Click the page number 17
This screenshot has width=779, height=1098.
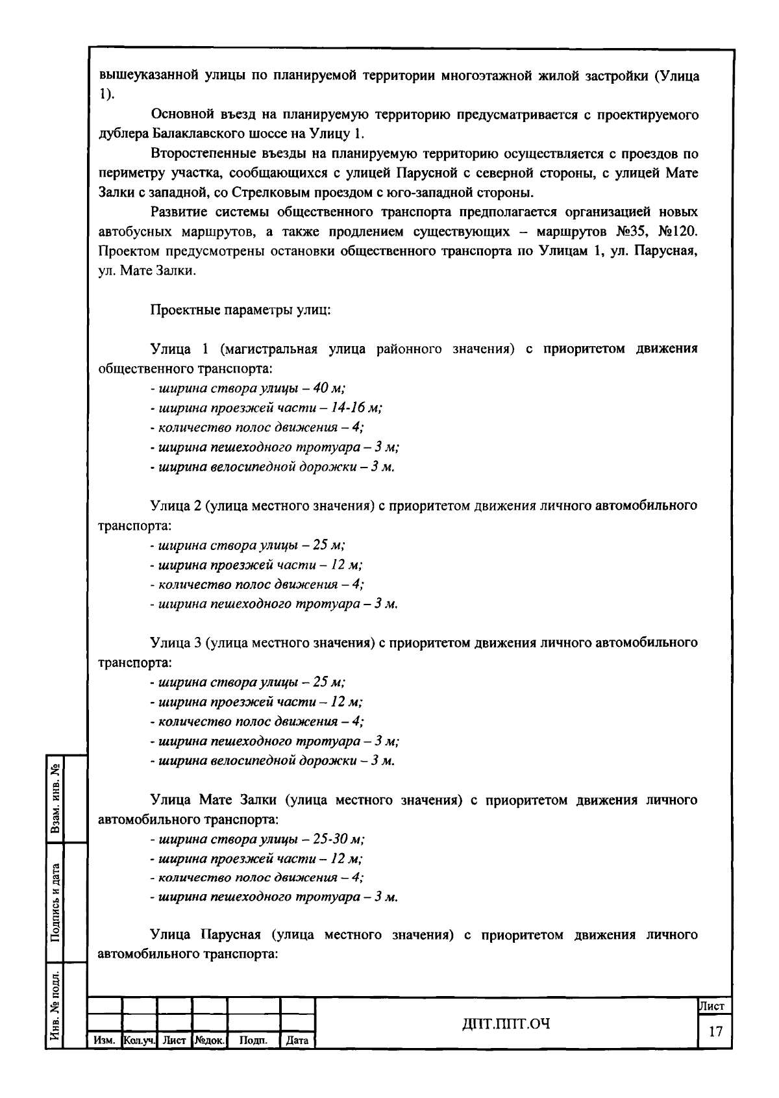[x=715, y=1032]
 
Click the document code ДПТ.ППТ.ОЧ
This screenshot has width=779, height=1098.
[x=506, y=1024]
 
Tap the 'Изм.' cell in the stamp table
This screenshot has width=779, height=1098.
[x=104, y=1040]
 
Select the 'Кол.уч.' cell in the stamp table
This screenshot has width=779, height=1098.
[x=139, y=1040]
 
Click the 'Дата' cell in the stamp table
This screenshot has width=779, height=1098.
[x=297, y=1040]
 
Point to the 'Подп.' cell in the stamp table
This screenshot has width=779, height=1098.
[x=253, y=1040]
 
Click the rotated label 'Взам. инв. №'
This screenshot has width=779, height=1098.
[x=56, y=799]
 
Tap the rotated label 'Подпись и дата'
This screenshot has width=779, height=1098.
[x=56, y=901]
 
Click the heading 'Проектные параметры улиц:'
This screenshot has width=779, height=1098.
[x=241, y=310]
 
